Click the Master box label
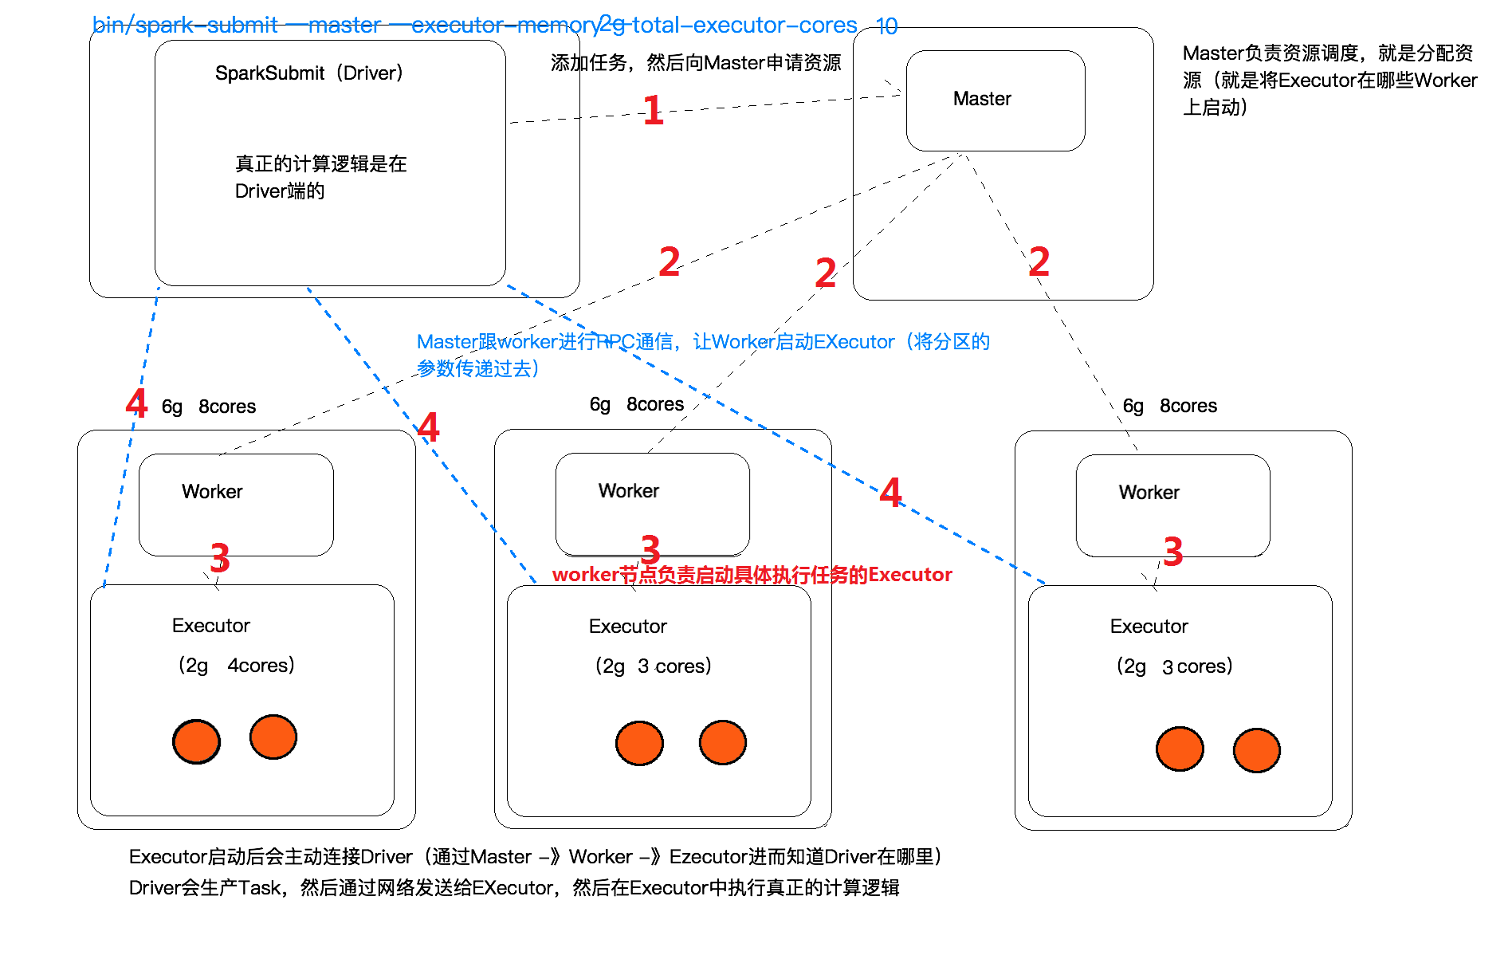coord(981,99)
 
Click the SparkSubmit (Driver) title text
coord(309,73)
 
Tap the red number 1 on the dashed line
coord(653,110)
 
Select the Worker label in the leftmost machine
coord(212,492)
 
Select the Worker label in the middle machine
coord(628,491)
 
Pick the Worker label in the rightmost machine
coord(1149,493)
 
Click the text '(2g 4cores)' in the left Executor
coord(236,665)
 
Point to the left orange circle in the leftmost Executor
coord(196,741)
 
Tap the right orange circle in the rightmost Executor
coord(1256,750)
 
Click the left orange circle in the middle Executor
coord(639,743)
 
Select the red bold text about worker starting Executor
coord(752,575)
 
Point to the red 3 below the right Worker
coord(1172,552)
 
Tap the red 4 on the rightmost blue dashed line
coord(890,493)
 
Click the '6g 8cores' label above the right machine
coord(1169,407)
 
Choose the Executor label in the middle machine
coord(627,627)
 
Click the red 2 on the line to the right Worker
coord(1039,261)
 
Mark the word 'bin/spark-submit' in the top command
coord(185,26)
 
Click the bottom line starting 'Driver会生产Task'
coord(514,888)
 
